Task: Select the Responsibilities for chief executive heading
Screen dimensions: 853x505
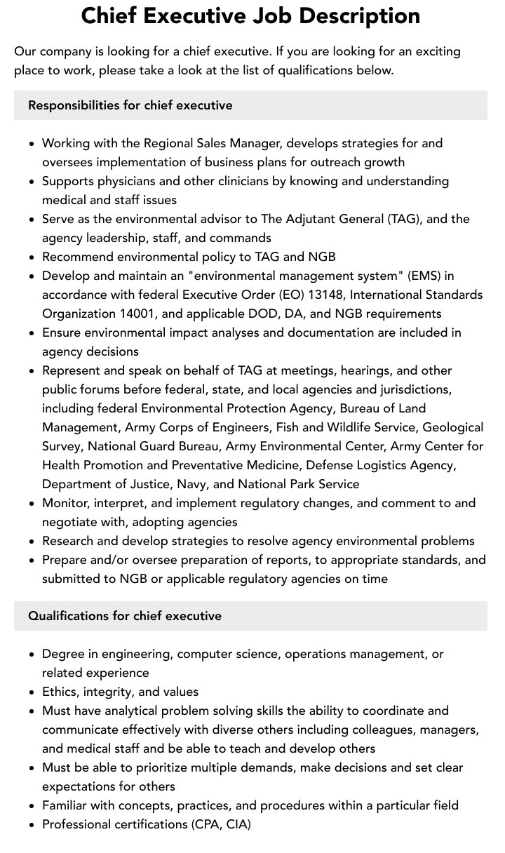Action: pyautogui.click(x=130, y=105)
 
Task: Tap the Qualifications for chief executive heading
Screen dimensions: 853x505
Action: pyautogui.click(x=125, y=616)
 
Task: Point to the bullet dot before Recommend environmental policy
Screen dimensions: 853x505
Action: pyautogui.click(x=32, y=257)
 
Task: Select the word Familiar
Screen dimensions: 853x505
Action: pyautogui.click(x=68, y=805)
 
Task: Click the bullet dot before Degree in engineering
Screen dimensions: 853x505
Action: pyautogui.click(x=32, y=654)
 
